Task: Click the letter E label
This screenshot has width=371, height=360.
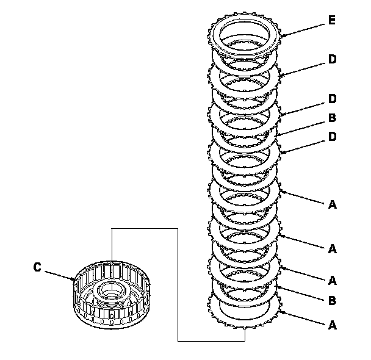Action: click(331, 21)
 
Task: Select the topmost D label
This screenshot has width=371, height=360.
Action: click(332, 59)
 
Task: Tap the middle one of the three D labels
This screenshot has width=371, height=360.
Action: click(332, 98)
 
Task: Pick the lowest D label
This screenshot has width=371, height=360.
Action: click(332, 137)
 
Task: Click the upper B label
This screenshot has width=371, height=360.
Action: click(332, 117)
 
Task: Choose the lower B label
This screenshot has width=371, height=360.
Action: click(332, 300)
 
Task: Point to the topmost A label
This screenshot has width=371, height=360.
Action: click(332, 205)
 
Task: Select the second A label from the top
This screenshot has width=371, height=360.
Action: click(332, 248)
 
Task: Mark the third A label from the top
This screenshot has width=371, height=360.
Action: click(332, 280)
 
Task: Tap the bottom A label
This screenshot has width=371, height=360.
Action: click(332, 325)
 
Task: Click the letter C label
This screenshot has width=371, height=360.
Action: click(38, 267)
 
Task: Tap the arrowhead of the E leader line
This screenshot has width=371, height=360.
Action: click(281, 36)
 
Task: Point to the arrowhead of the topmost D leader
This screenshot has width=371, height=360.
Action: click(280, 76)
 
